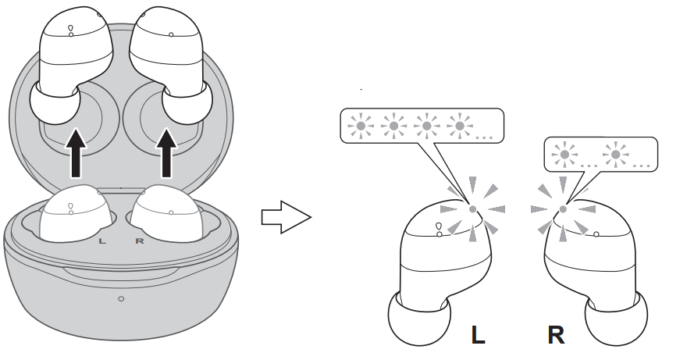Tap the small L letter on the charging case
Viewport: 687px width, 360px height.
(x=102, y=240)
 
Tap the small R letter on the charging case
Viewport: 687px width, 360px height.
(x=140, y=240)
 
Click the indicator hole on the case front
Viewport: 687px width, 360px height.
(x=120, y=299)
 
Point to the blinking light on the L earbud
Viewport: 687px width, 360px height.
(x=472, y=209)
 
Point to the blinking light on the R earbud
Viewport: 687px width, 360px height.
(x=563, y=209)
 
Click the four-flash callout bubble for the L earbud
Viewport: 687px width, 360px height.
(x=422, y=126)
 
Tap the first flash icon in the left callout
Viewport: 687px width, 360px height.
(x=361, y=125)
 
